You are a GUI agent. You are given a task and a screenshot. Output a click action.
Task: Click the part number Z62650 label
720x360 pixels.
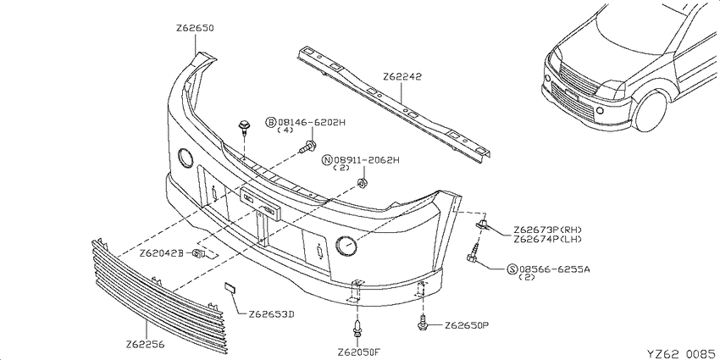(195, 29)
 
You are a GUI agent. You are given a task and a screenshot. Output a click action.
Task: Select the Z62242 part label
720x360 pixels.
(402, 76)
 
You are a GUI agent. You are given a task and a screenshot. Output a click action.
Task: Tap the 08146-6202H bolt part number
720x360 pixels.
(311, 122)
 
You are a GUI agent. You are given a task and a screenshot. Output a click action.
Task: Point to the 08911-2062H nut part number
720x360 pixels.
(367, 160)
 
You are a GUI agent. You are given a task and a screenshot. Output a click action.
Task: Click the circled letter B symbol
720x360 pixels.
(271, 122)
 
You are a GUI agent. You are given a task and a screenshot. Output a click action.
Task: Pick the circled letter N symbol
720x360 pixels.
(328, 160)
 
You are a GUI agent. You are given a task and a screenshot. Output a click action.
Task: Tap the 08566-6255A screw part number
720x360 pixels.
(554, 269)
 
